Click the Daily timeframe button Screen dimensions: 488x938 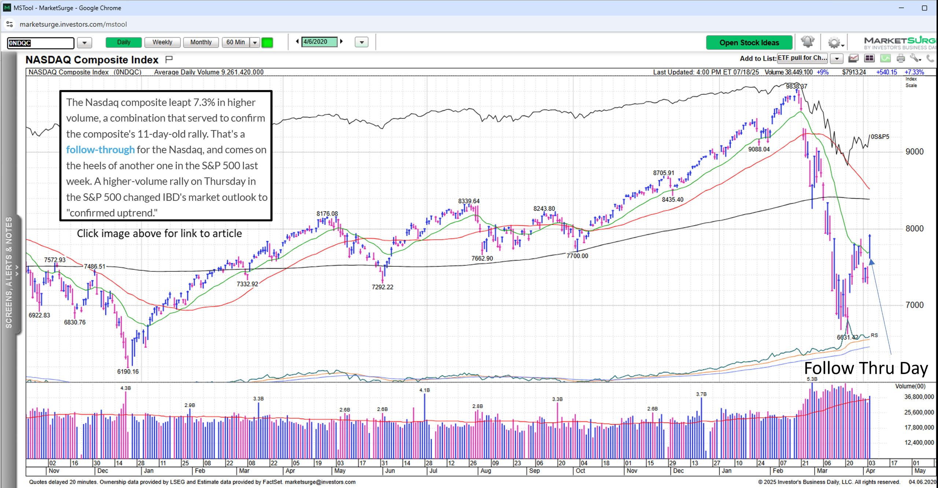123,42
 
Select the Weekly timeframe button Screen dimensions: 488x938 162,42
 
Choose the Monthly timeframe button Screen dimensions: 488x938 201,42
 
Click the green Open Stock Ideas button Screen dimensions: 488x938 749,43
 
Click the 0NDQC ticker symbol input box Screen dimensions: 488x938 40,43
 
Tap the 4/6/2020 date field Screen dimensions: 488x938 319,42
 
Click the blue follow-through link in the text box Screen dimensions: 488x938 100,150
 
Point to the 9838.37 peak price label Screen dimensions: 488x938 796,86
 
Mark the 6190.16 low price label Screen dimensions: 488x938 128,371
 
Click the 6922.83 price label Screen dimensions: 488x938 39,315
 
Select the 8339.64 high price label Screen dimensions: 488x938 469,201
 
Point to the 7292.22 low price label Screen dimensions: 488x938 382,287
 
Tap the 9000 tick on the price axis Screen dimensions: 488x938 914,152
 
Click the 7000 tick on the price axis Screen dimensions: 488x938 914,305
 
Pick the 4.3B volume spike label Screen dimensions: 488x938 125,388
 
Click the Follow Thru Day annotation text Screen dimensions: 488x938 866,368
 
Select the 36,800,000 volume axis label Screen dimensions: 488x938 919,397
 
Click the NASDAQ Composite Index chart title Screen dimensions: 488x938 92,60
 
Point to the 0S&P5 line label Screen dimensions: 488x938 880,137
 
